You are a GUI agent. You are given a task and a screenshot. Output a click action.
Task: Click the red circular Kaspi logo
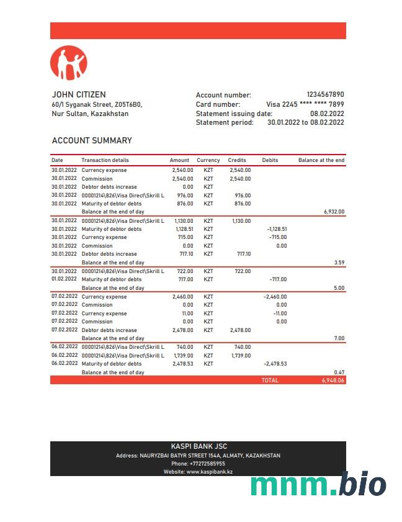(68, 63)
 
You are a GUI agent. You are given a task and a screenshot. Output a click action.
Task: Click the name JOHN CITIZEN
(79, 95)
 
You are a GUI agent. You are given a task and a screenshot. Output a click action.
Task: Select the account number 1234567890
(325, 95)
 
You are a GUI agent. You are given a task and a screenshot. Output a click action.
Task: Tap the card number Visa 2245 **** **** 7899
(305, 104)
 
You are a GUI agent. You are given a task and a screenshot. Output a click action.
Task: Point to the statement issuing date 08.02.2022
(327, 114)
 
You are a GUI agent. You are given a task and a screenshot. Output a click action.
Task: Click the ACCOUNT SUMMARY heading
(92, 141)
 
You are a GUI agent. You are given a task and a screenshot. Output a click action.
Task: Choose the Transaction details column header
(105, 160)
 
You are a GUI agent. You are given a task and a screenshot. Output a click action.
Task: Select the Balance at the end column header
(321, 160)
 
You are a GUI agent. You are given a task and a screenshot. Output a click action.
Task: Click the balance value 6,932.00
(334, 212)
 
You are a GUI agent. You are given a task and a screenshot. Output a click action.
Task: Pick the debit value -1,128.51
(277, 229)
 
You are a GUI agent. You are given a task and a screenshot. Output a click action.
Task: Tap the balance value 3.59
(339, 263)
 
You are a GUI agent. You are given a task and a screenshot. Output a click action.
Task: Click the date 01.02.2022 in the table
(65, 279)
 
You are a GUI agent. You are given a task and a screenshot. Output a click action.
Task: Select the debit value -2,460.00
(275, 297)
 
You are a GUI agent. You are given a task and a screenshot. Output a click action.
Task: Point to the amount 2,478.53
(182, 364)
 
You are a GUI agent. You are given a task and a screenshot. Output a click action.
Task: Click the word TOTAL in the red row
(270, 380)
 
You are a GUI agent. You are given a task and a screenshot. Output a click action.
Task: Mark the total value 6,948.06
(333, 380)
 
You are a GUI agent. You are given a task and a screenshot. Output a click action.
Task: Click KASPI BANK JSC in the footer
(198, 446)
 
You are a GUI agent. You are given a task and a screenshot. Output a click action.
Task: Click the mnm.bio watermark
(318, 484)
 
